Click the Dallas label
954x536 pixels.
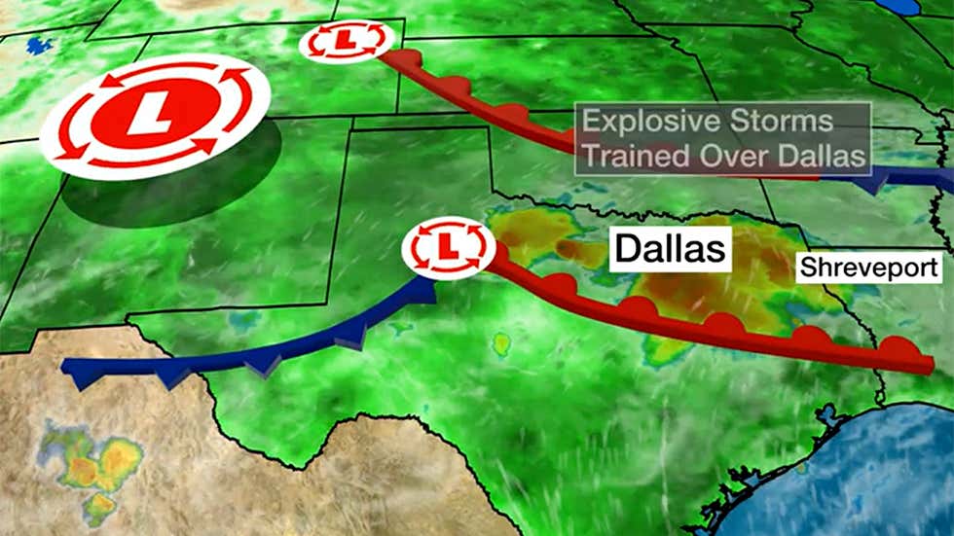click(x=671, y=249)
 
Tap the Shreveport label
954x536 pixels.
click(x=869, y=268)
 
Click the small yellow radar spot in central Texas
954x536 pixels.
click(x=501, y=343)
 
